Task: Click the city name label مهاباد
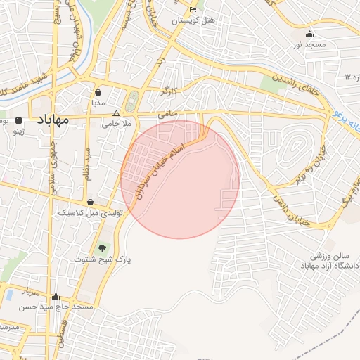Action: point(51,120)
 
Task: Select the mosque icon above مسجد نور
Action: point(309,34)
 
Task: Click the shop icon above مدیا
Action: point(98,92)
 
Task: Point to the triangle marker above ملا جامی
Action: point(117,112)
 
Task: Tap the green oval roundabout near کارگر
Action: point(131,104)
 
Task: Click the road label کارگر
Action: point(170,91)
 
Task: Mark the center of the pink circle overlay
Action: point(180,179)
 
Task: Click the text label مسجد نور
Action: point(309,45)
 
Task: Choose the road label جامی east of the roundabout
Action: point(167,112)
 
